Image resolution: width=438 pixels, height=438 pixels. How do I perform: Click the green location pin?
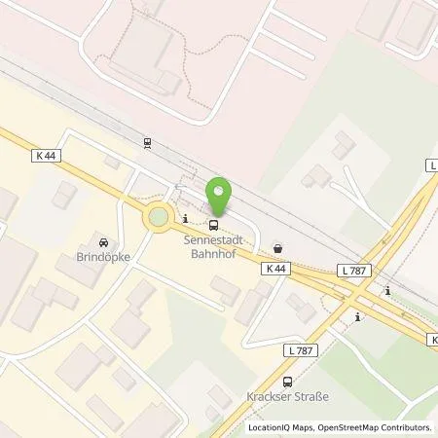point(223,194)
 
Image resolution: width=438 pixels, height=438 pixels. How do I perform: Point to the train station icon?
point(147,142)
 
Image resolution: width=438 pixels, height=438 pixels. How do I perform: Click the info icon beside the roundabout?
point(186,215)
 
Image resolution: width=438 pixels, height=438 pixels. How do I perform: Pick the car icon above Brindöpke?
point(104,243)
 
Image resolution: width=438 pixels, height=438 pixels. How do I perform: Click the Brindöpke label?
point(104,259)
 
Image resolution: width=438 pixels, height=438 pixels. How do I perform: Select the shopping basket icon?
point(280,248)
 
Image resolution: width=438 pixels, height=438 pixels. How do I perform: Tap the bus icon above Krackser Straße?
point(286,383)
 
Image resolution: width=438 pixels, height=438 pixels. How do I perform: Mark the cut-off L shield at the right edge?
point(432,165)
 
